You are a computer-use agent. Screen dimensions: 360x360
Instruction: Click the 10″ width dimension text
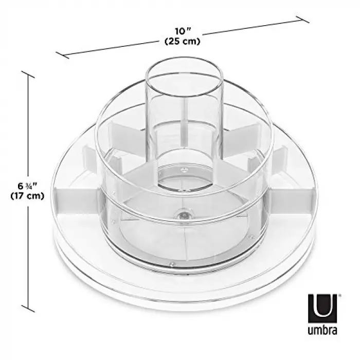[x=183, y=31]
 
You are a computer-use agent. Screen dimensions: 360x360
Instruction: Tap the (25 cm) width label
[x=183, y=42]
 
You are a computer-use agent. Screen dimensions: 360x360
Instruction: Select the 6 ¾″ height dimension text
[x=27, y=186]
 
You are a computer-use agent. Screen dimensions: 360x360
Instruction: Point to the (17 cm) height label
[x=27, y=196]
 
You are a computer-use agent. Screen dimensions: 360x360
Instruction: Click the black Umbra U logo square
[x=322, y=309]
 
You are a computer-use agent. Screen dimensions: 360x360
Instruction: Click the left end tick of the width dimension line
[x=62, y=55]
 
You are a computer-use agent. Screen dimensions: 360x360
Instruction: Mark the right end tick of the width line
[x=302, y=20]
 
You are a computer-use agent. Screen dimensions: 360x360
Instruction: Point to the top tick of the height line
[x=28, y=75]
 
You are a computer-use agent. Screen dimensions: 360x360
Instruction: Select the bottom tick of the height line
[x=28, y=309]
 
